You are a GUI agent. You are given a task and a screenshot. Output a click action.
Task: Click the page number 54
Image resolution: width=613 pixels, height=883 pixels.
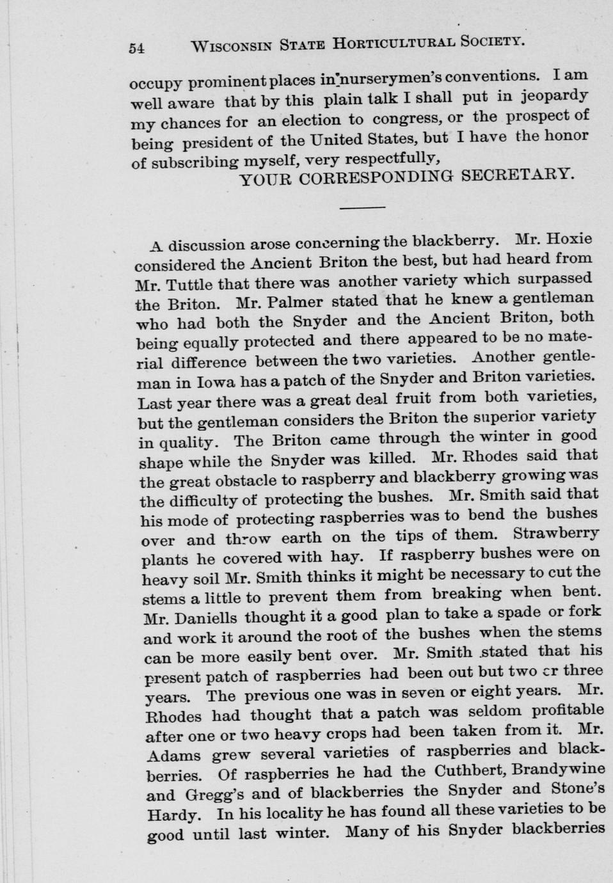pyautogui.click(x=137, y=48)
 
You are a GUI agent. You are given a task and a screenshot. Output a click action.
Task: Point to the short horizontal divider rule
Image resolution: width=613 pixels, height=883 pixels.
pyautogui.click(x=362, y=207)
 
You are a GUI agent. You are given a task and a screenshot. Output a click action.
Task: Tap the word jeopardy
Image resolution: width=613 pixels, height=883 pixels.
pyautogui.click(x=553, y=96)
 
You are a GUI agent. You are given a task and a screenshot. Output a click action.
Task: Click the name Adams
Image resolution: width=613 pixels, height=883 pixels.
pyautogui.click(x=173, y=755)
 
